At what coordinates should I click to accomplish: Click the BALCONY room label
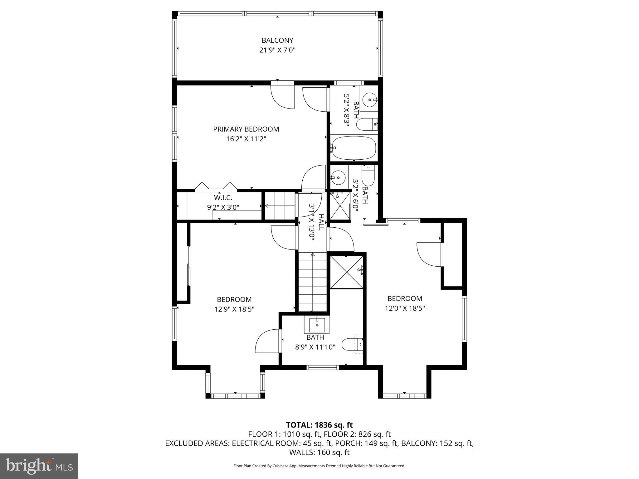pyautogui.click(x=277, y=40)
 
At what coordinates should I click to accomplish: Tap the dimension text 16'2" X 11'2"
pyautogui.click(x=246, y=139)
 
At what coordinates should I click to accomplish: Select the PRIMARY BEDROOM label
pyautogui.click(x=246, y=129)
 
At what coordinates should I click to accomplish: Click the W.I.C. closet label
pyautogui.click(x=223, y=198)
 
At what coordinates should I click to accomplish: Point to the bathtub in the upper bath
pyautogui.click(x=354, y=148)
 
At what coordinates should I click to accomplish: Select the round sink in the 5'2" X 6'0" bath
pyautogui.click(x=338, y=178)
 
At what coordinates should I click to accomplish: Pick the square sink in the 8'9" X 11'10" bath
pyautogui.click(x=317, y=325)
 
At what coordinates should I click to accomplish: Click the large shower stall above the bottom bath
pyautogui.click(x=347, y=272)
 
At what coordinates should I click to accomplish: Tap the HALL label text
pyautogui.click(x=321, y=222)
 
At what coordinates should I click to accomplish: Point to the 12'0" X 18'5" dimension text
pyautogui.click(x=405, y=308)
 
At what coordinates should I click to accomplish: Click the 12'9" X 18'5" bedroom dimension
pyautogui.click(x=234, y=309)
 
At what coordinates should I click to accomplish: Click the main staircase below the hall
pyautogui.click(x=312, y=282)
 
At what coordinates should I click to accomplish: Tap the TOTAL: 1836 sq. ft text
pyautogui.click(x=319, y=425)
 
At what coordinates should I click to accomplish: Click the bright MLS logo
pyautogui.click(x=39, y=466)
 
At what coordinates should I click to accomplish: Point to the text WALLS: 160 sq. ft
pyautogui.click(x=319, y=452)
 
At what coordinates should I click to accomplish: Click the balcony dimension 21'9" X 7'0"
pyautogui.click(x=277, y=50)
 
